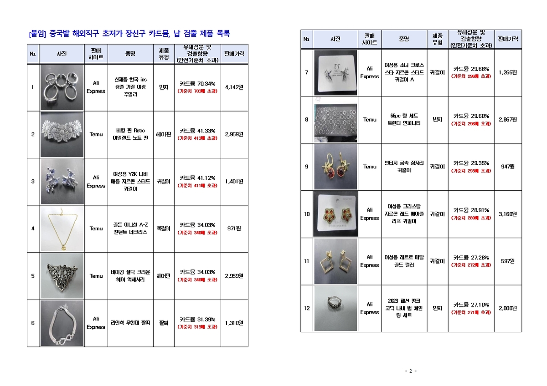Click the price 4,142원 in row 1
(234, 87)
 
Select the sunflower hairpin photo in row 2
(62, 134)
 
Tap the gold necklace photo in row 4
(62, 229)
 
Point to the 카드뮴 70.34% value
(197, 83)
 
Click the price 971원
(234, 229)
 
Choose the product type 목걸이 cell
(164, 229)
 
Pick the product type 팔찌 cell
(164, 323)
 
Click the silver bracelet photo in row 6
(62, 323)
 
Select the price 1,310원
(234, 323)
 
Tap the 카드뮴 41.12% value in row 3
(197, 178)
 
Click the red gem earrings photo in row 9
(335, 167)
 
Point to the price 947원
(507, 167)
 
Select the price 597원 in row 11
(507, 261)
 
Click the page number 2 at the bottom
(410, 371)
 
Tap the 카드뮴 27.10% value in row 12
(471, 305)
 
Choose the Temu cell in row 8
(370, 120)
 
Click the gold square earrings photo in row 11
(335, 261)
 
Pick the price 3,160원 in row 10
(507, 214)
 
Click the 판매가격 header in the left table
(234, 54)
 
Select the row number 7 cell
(307, 72)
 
